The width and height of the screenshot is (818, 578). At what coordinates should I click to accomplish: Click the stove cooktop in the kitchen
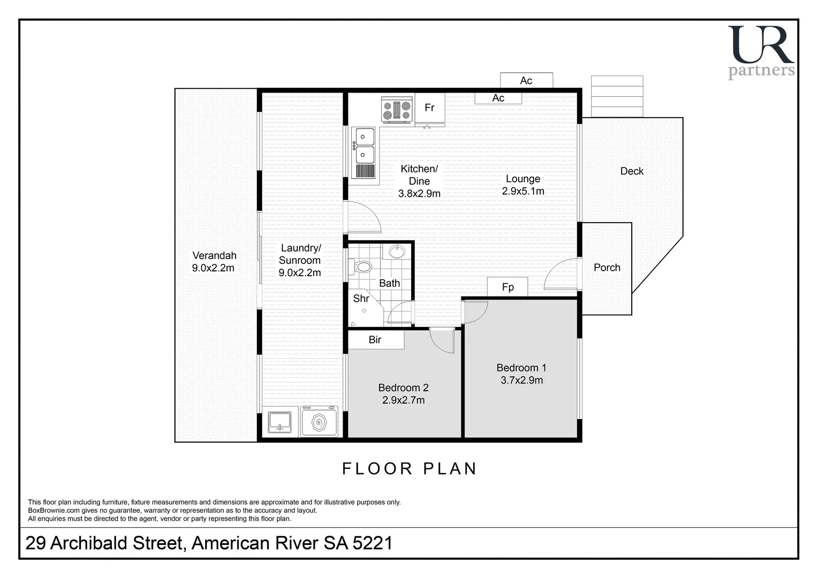[397, 110]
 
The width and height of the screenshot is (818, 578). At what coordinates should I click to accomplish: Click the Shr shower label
[361, 299]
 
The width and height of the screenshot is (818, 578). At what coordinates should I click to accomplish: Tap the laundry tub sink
[279, 422]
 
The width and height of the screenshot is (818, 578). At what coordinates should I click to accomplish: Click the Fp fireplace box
[508, 287]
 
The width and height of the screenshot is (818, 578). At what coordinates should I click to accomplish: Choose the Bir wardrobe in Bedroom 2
[376, 339]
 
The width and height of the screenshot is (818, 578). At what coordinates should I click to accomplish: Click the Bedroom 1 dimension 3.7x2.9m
[521, 380]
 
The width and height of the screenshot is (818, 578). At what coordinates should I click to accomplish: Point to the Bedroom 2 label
[403, 387]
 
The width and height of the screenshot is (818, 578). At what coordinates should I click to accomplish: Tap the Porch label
[607, 268]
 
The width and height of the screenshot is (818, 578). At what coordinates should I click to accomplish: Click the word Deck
[632, 171]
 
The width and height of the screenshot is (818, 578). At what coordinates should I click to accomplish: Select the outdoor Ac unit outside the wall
[526, 80]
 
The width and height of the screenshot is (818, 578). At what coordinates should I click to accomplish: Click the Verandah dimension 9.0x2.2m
[213, 268]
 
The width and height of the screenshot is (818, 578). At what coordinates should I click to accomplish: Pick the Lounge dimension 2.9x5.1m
[523, 191]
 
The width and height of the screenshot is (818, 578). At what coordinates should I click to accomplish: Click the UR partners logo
[761, 52]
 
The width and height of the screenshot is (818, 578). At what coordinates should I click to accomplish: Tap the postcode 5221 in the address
[373, 543]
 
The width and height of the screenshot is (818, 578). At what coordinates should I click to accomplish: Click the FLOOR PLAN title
[409, 469]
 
